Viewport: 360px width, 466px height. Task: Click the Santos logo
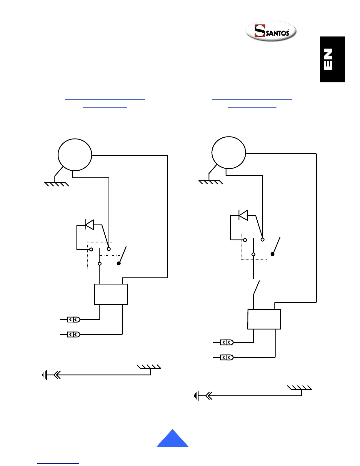click(x=271, y=31)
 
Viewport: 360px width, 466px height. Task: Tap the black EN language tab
click(x=332, y=59)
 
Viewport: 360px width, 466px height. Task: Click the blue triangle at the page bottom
click(x=172, y=439)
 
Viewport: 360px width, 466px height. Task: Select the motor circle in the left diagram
click(x=75, y=155)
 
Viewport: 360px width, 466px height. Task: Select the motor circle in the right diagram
click(x=229, y=153)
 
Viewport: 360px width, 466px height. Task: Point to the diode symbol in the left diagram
click(x=89, y=225)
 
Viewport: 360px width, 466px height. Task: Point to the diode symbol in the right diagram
click(x=243, y=215)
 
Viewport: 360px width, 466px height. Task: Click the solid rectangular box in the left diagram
click(x=111, y=294)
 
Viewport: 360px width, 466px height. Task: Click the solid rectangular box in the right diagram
click(x=264, y=319)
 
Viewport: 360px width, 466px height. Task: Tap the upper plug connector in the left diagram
click(x=74, y=319)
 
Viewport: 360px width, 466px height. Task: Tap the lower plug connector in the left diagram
click(x=74, y=334)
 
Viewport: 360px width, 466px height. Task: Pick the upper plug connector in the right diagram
click(x=227, y=342)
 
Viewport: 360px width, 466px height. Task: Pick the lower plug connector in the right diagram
click(x=227, y=357)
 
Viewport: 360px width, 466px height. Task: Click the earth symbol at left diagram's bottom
click(x=45, y=375)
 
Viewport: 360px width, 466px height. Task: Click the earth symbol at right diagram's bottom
click(x=197, y=396)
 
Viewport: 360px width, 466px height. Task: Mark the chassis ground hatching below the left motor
click(x=56, y=184)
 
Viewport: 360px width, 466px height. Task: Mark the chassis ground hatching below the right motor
click(x=211, y=182)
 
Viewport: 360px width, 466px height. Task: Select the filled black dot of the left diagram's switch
click(x=119, y=263)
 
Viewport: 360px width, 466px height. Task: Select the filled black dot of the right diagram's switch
click(x=273, y=254)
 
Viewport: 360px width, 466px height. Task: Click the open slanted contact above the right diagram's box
click(x=257, y=287)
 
